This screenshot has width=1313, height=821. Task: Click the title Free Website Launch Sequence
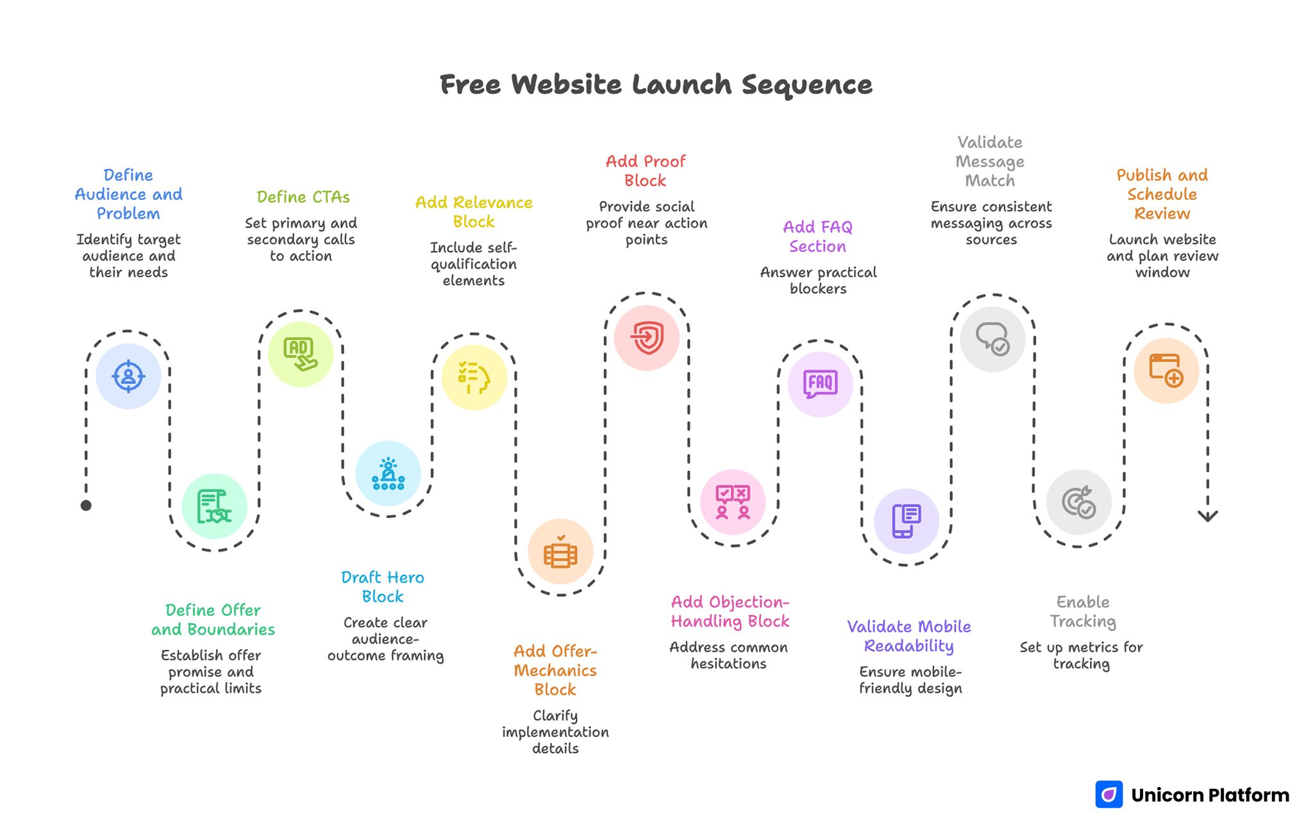[656, 85]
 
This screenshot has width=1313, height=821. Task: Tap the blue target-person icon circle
[128, 376]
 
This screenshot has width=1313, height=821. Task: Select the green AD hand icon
[300, 354]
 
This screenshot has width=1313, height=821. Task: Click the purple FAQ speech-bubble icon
[820, 384]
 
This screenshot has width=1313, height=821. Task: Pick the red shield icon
[647, 337]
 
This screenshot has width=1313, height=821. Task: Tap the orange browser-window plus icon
[1166, 370]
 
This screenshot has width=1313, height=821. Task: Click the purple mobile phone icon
[906, 521]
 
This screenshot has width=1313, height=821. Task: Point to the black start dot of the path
[86, 505]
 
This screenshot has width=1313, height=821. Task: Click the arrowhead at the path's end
[1208, 516]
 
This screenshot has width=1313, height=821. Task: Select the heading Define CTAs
[303, 197]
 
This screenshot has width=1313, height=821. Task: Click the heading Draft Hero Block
[383, 587]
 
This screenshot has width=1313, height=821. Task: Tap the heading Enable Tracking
[1083, 611]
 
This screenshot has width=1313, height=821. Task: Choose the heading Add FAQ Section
[817, 237]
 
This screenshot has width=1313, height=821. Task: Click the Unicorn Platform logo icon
[1109, 795]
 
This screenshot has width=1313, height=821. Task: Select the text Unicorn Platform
[1210, 795]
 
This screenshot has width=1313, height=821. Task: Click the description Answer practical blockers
[818, 280]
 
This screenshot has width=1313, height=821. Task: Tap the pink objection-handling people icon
[733, 502]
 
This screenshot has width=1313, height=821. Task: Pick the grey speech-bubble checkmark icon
[992, 339]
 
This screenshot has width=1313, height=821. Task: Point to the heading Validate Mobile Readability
[909, 636]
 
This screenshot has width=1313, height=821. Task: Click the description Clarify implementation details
[555, 732]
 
